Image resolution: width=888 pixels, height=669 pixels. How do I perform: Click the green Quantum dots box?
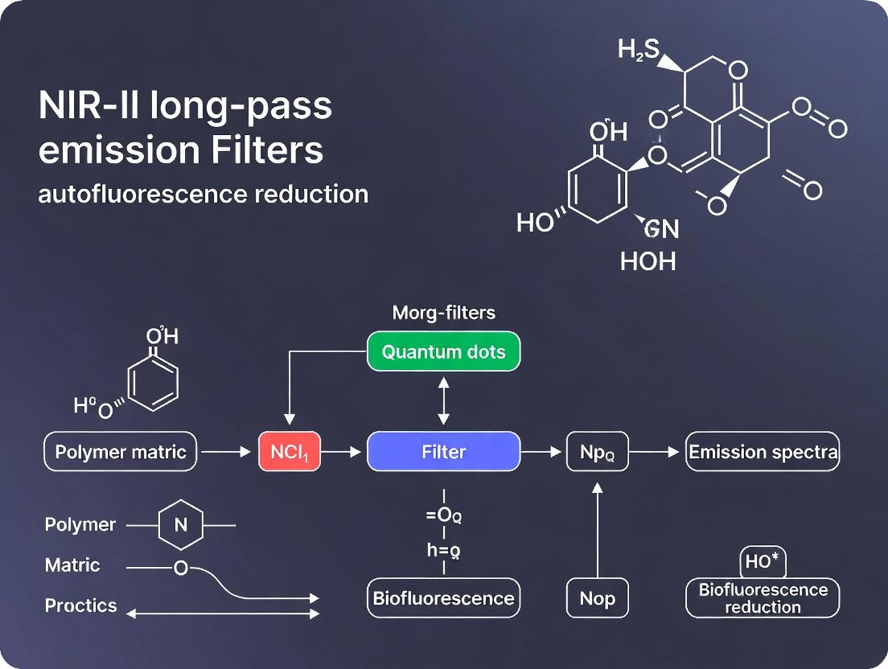[x=443, y=352]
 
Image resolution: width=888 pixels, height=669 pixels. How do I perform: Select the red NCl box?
[x=289, y=452]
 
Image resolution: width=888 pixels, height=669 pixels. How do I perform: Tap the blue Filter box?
[x=443, y=452]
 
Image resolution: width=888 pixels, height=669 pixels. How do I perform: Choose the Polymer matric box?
[x=121, y=452]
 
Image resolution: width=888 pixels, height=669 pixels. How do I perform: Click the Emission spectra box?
[x=763, y=452]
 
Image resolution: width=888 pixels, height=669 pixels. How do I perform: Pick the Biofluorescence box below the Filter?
[x=443, y=598]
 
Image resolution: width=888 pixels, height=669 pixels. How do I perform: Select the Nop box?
[x=597, y=598]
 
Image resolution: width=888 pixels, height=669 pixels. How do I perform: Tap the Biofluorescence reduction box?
[x=763, y=598]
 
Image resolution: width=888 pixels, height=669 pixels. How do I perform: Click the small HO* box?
[x=763, y=561]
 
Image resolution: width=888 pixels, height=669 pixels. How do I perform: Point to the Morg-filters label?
[x=443, y=313]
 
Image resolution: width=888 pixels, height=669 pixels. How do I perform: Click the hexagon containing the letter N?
[x=180, y=525]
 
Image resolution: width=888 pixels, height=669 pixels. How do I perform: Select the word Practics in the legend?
[x=80, y=605]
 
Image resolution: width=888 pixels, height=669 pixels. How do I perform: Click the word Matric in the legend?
[x=72, y=565]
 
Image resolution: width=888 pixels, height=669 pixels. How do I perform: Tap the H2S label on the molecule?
[x=638, y=51]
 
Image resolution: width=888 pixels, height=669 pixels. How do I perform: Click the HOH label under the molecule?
[x=647, y=261]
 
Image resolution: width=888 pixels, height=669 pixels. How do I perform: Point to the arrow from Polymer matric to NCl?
[x=226, y=452]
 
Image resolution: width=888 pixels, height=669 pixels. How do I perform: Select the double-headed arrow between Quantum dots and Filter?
[x=443, y=401]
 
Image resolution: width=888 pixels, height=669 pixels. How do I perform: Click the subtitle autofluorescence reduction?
[x=203, y=194]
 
